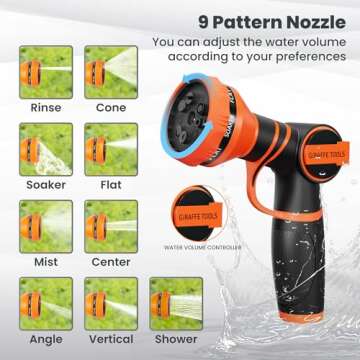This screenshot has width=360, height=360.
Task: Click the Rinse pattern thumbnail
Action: pos(46,71)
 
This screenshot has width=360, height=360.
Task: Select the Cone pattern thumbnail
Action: pos(111,71)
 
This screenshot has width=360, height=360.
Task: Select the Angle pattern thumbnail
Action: pos(46,303)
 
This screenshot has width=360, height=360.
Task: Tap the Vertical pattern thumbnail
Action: pos(111,303)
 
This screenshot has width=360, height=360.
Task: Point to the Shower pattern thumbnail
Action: pos(175,303)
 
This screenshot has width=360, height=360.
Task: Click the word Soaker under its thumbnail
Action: pos(46,185)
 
